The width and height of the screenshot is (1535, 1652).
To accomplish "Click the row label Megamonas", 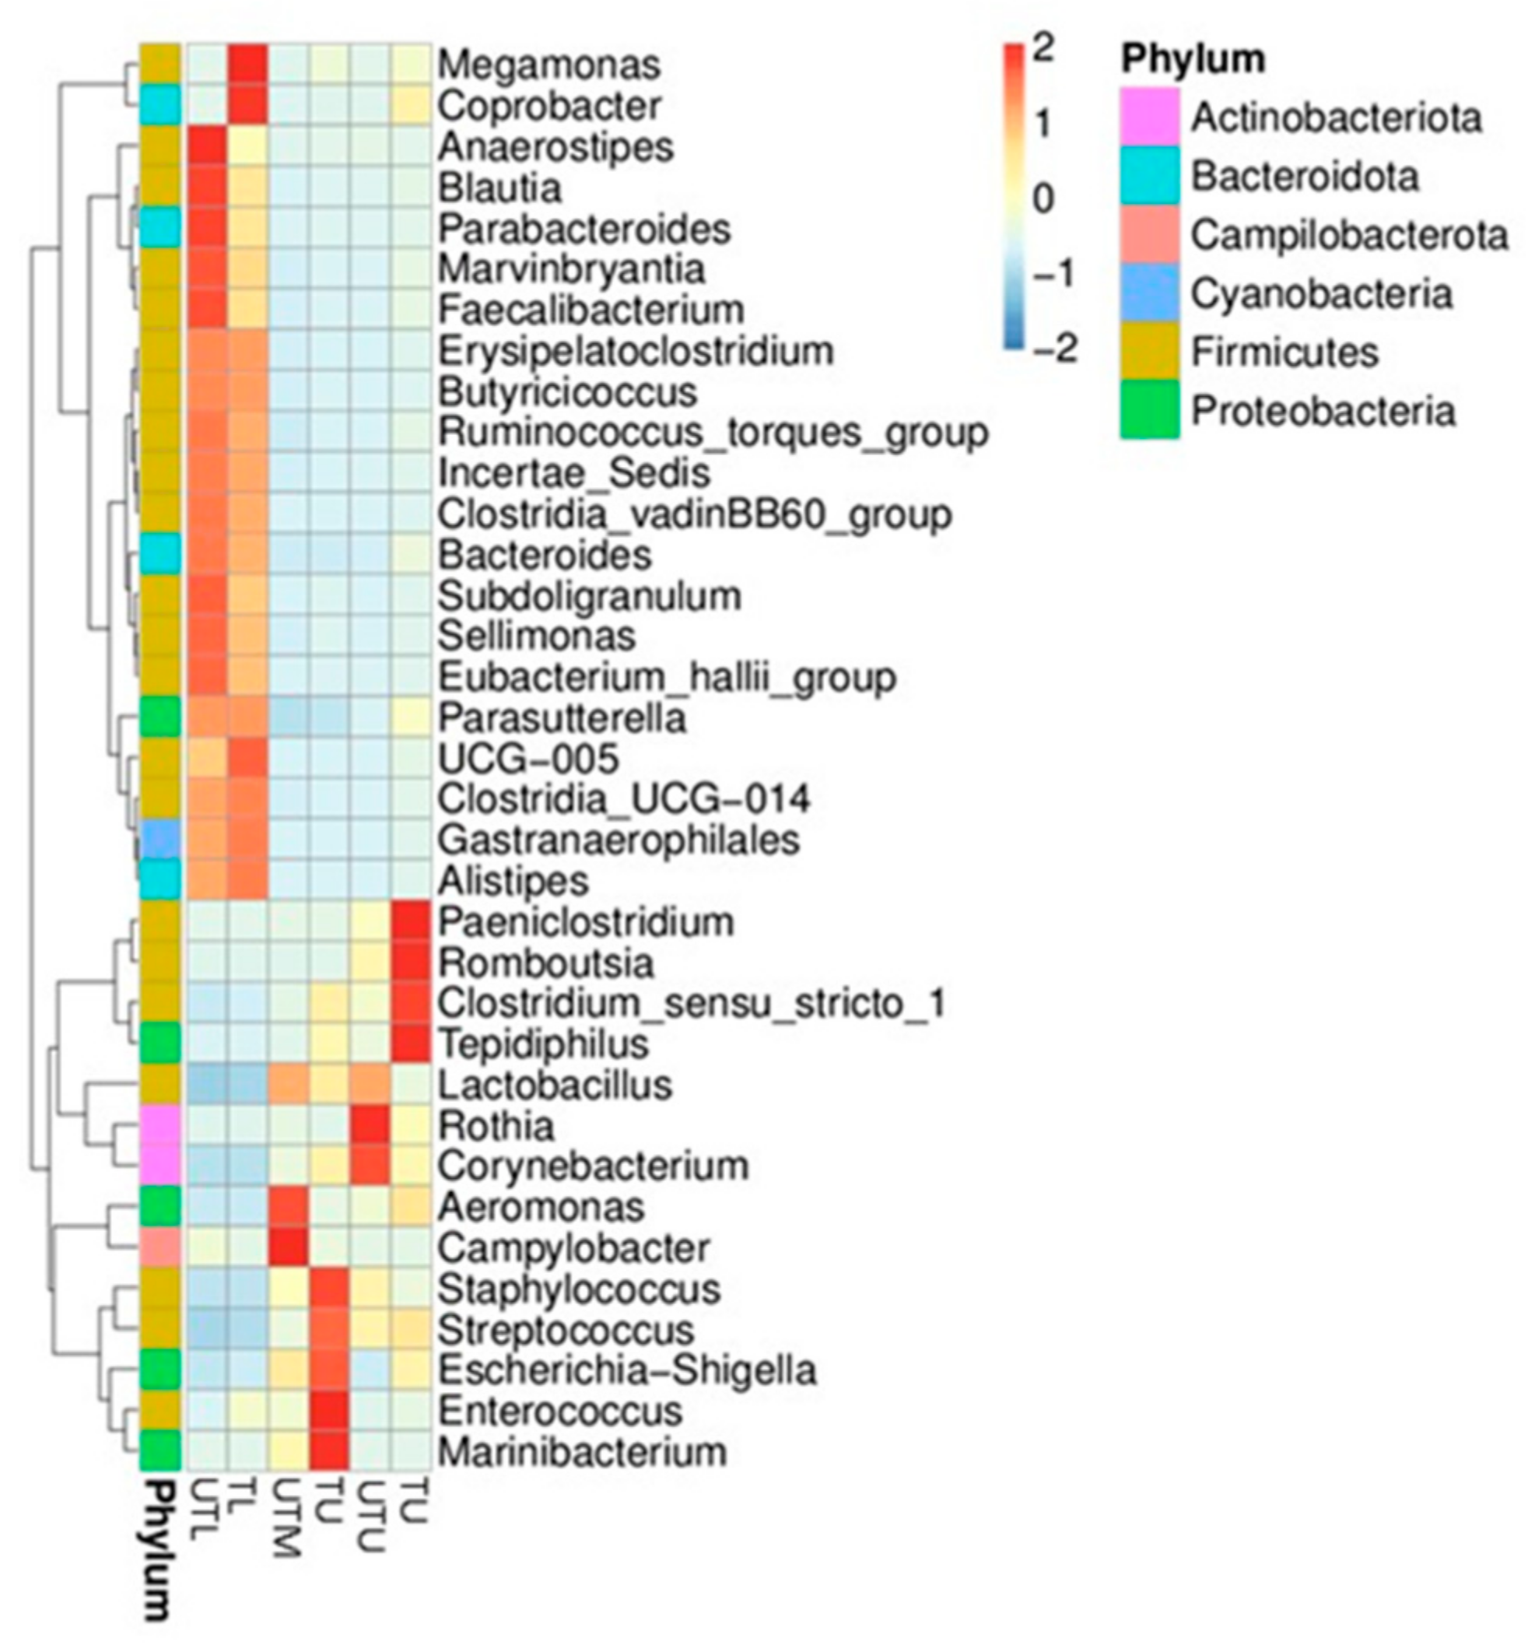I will pos(549,65).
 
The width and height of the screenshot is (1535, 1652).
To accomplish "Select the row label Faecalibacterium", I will pos(591,310).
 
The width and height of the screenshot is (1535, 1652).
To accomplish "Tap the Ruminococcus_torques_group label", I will pos(713,433).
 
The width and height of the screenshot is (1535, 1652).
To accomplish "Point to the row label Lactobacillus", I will pos(555,1086).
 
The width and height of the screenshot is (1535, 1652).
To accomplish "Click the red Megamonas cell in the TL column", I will pos(247,65).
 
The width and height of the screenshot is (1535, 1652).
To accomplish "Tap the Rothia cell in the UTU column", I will pos(370,1126).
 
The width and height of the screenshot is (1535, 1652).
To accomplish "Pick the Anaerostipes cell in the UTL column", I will pos(207,147).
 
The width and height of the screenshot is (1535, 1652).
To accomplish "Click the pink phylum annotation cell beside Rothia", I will pos(159,1126).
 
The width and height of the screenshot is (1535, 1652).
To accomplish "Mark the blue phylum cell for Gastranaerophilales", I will pos(159,840).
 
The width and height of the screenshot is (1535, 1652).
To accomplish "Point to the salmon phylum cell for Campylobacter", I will pos(159,1248).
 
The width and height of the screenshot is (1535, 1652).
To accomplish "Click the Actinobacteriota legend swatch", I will pos(1149,117).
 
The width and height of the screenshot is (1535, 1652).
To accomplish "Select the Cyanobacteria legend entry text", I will pos(1321,294).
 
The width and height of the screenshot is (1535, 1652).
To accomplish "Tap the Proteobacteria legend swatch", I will pos(1149,411).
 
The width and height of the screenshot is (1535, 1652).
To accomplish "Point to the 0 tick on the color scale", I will pos(1042,198).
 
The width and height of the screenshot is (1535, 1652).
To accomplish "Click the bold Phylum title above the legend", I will pos(1192,59).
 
